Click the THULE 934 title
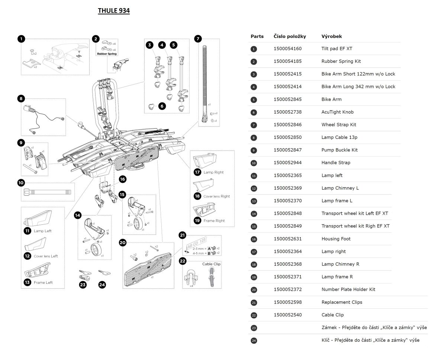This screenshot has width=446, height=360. coord(114,11)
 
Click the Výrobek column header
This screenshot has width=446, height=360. coord(332,36)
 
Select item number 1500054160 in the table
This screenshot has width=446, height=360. coord(287,49)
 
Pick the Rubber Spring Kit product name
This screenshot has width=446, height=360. coord(341,61)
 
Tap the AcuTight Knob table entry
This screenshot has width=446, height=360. coord(337,112)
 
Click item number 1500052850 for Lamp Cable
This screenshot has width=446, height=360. coord(287,137)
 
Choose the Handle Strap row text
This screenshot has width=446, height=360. coord(336,163)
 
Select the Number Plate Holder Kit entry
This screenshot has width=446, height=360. coord(348,289)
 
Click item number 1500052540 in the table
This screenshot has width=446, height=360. coord(287,315)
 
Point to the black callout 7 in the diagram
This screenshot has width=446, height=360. coord(198,39)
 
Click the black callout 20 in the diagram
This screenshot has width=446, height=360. coord(123,243)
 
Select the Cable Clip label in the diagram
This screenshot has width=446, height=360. coord(211,264)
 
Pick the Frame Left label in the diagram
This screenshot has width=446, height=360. coord(43,282)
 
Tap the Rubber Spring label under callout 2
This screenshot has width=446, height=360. coord(107,54)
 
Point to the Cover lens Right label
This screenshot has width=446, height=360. coord(217,196)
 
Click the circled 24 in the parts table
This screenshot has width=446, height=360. coord(254,340)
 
